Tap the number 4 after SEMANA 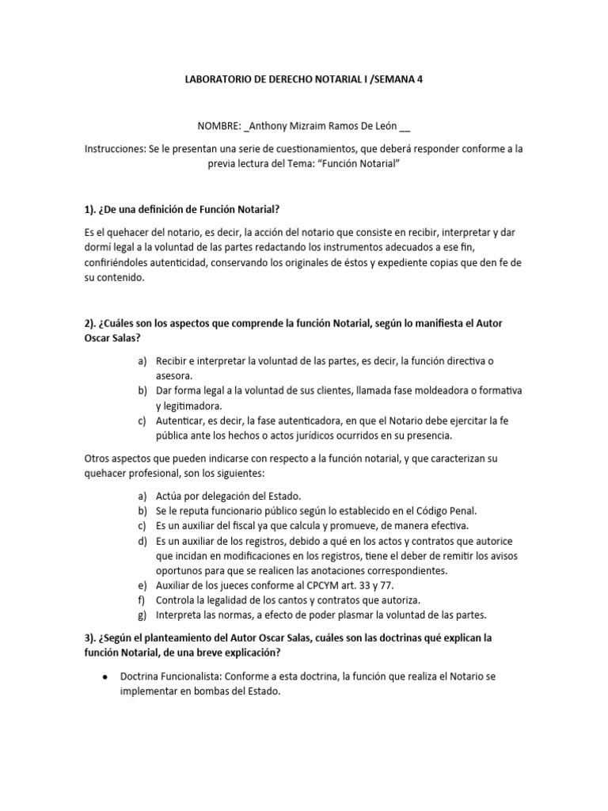[420, 79]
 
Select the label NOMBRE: [219, 127]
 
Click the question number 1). [90, 208]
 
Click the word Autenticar [183, 421]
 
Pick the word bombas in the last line [213, 691]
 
